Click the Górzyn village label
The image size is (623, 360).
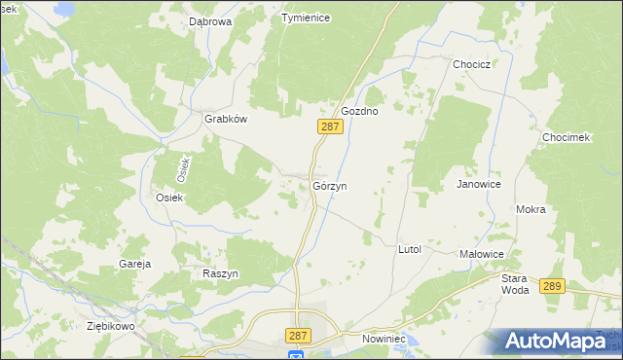pos(331,185)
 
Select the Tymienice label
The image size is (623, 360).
pos(306,18)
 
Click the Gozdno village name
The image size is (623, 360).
pos(359,111)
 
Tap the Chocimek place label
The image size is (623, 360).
pos(567,137)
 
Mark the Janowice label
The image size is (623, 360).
pos(478,183)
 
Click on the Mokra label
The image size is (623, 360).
pos(531,209)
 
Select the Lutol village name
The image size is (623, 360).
pos(409,249)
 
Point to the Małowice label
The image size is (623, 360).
pos(481,253)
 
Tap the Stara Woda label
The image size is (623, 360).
pos(515,283)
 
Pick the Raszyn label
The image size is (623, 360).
pos(220,273)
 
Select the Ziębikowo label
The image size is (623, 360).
pos(109,326)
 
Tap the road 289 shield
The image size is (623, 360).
pos(552,285)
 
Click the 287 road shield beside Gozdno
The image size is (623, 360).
pos(330,126)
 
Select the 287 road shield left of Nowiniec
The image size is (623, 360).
pos(299,335)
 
